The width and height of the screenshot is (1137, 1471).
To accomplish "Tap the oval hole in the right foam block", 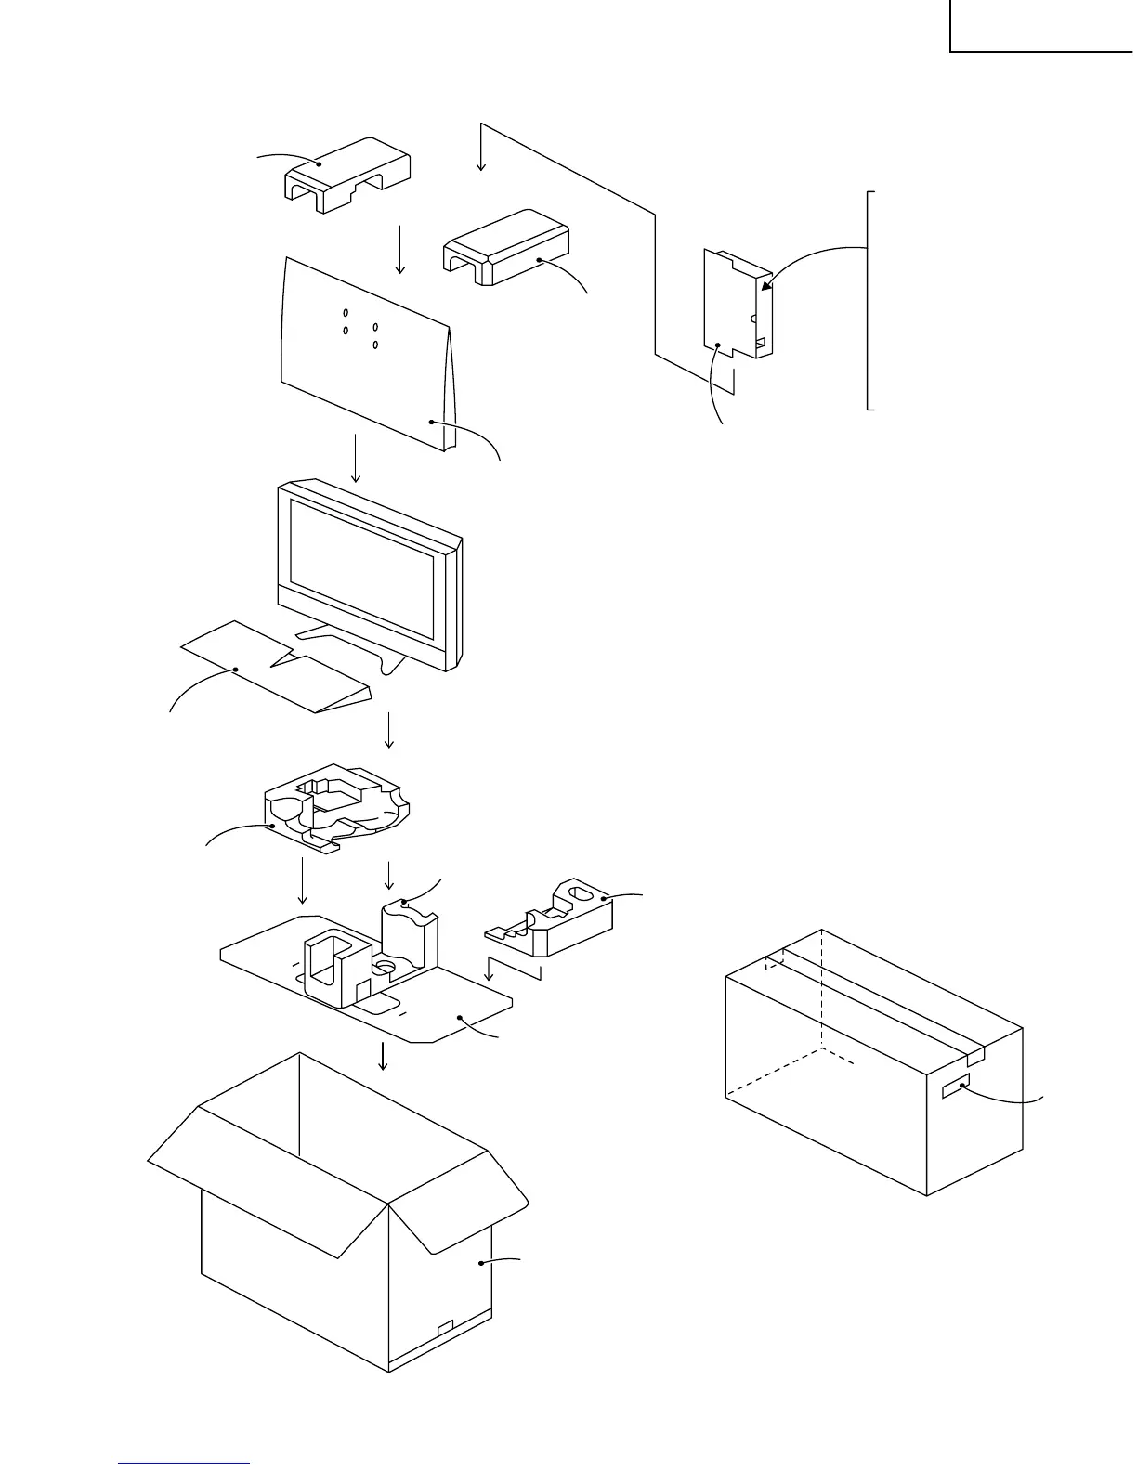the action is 578,894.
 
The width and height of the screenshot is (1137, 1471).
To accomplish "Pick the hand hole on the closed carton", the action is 956,1086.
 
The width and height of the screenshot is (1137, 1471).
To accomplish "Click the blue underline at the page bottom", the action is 185,1462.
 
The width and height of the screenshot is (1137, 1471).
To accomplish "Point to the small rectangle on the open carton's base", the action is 445,1326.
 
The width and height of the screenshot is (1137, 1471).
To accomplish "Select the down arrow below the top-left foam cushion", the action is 400,251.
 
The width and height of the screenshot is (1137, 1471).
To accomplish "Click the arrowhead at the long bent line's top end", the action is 481,164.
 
